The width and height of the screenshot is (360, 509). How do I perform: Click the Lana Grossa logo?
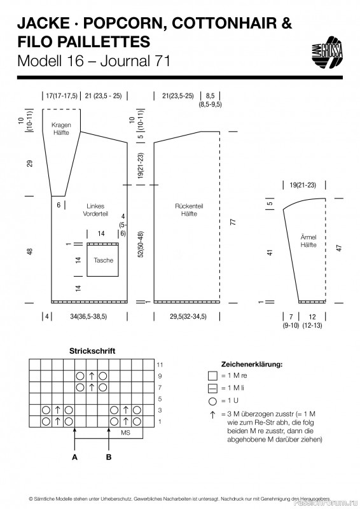click(327, 52)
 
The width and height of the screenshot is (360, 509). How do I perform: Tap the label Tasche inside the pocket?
click(103, 260)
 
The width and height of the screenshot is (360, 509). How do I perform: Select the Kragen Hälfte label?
click(61, 129)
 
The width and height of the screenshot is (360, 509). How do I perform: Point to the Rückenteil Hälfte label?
click(189, 210)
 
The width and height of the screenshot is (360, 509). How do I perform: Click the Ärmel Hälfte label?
click(308, 241)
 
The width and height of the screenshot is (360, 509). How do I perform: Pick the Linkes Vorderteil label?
click(95, 210)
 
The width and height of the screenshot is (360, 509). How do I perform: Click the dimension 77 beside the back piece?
click(233, 222)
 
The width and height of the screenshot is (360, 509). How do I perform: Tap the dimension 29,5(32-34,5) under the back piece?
click(188, 316)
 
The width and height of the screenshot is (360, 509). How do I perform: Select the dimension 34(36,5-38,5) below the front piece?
click(88, 316)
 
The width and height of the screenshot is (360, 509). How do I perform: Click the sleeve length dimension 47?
click(339, 248)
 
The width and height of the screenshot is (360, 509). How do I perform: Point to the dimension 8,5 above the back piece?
click(210, 96)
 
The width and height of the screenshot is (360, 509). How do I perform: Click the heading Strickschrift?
click(92, 351)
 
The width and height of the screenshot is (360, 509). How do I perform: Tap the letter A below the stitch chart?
click(74, 457)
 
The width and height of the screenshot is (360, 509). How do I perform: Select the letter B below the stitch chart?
click(109, 457)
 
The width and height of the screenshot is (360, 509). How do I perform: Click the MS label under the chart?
click(125, 433)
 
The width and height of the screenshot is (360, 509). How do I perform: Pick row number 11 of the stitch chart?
click(160, 365)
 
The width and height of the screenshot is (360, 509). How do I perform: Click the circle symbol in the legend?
click(212, 401)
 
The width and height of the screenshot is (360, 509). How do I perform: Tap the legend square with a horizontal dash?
click(212, 388)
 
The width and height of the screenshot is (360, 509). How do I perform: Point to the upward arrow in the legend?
click(212, 415)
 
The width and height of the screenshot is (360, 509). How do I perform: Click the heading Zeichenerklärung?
click(252, 364)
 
